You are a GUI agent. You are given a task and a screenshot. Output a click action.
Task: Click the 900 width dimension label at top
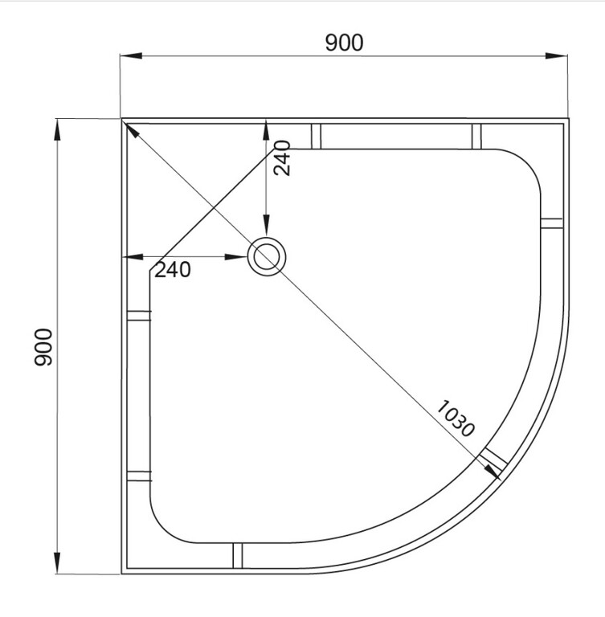(344, 43)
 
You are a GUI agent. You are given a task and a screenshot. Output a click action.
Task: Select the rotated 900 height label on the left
(43, 347)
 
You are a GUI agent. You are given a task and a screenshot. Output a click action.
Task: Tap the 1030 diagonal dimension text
(456, 417)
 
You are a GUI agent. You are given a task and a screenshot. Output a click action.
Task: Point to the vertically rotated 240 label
(281, 158)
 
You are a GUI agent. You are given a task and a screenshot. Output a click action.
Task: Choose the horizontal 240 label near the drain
(173, 271)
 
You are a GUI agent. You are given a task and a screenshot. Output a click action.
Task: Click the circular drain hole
(265, 257)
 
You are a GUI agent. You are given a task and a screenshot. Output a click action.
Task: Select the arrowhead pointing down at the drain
(266, 229)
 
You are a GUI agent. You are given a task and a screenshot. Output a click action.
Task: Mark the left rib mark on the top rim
(316, 136)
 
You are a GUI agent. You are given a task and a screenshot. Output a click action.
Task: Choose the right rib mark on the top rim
(476, 136)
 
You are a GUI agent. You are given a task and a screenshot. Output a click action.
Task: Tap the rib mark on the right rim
(552, 223)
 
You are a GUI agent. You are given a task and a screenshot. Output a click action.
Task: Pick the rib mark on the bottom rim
(237, 556)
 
